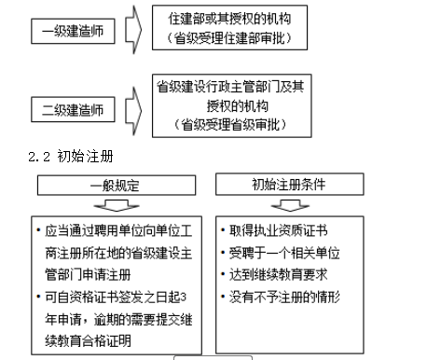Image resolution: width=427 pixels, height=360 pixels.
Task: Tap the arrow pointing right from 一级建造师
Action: [x=133, y=28]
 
